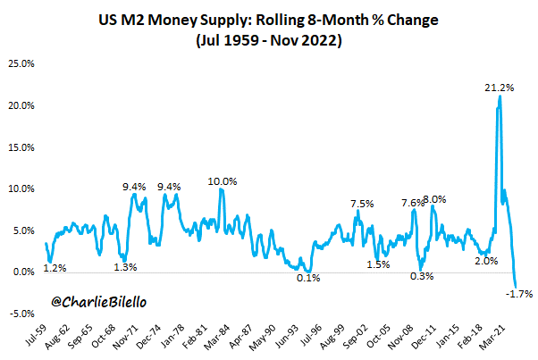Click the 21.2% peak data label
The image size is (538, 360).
click(499, 88)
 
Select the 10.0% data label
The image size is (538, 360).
click(223, 181)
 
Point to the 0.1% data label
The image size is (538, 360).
click(309, 278)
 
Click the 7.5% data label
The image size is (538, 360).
click(362, 203)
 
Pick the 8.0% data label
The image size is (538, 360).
click(434, 198)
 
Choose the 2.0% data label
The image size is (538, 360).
click(487, 261)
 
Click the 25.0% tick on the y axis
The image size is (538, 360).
click(21, 63)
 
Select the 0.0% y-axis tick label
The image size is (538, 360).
click(23, 272)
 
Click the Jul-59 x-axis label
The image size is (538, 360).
click(38, 336)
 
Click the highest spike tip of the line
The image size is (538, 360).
click(500, 96)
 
